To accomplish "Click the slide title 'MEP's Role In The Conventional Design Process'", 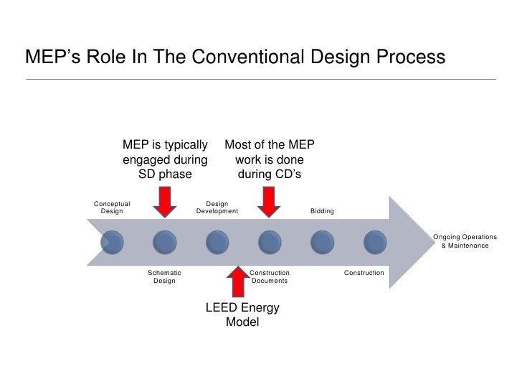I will coord(235,56).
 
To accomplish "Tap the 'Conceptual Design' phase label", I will coord(112,207).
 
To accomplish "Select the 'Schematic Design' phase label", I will coord(164,276).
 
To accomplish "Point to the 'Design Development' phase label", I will coord(217,207).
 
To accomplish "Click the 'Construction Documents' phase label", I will coord(270,276).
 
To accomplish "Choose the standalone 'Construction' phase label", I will coord(364,273).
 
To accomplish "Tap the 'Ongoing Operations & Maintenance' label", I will coord(464,241).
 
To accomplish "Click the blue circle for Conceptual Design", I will coord(113,242).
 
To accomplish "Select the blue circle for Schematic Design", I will coord(164,242).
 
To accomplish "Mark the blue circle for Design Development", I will coord(217,242).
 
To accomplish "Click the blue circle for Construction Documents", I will coord(268,242).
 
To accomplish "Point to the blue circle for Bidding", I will coord(321,242).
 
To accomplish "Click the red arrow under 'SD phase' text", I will coord(165,201).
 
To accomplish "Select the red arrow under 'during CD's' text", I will coord(269,201).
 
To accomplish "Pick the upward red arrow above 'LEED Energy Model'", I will coord(237,281).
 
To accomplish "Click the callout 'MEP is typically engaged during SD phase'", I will coord(166,159).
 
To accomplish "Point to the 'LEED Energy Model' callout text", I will coord(242,314).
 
